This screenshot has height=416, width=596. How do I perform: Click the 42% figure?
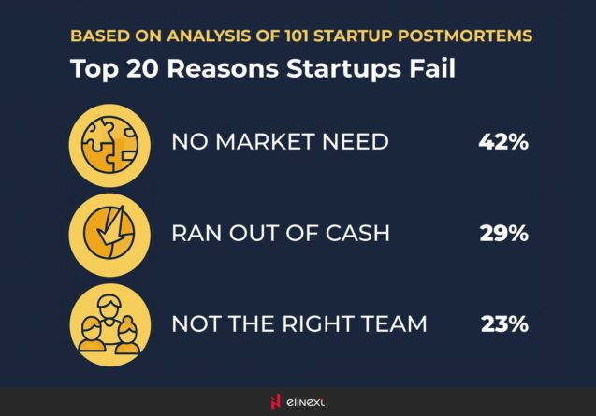point(503,143)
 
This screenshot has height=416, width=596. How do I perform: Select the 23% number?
point(504,324)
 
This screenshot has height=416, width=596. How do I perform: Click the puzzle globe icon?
point(109,144)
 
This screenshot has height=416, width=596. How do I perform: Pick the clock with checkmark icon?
point(109,234)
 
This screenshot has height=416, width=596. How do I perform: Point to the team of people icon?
point(109,324)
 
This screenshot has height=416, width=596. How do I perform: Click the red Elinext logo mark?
point(274,402)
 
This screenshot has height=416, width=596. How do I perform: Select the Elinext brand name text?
point(307,402)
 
